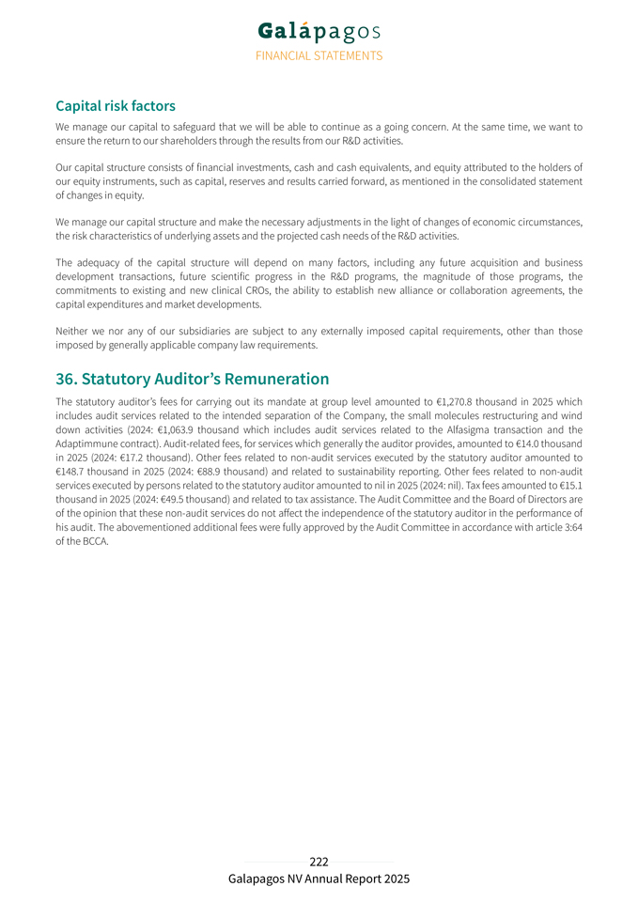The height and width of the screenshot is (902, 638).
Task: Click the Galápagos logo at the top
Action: [x=319, y=31]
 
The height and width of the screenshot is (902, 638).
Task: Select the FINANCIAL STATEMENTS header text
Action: [x=319, y=55]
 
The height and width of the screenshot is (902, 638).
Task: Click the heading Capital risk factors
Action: [x=116, y=106]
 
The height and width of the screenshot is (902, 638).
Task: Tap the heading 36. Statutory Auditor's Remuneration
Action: [x=192, y=379]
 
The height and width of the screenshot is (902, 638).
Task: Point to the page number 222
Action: [x=319, y=862]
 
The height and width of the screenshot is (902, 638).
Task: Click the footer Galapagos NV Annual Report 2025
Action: [x=319, y=879]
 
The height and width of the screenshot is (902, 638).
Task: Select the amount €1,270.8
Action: [x=459, y=401]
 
